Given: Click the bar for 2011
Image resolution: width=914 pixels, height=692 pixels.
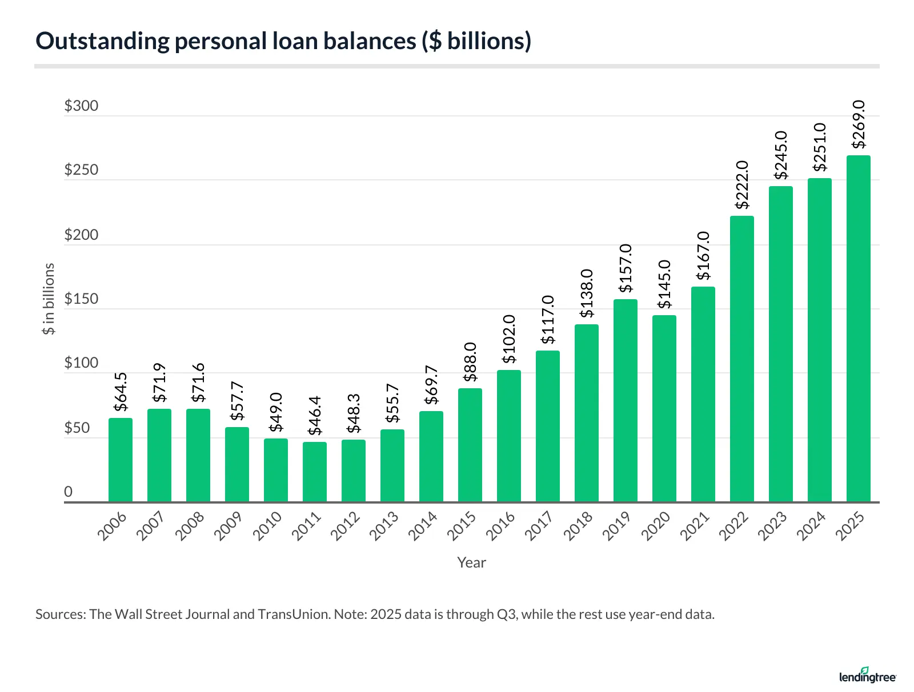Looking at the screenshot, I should point(315,472).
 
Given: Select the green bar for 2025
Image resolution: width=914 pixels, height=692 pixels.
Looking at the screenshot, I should point(858,329).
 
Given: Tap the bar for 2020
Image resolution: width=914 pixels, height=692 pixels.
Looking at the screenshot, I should point(664,409).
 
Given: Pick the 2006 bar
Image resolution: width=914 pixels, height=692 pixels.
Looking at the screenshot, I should point(121,460).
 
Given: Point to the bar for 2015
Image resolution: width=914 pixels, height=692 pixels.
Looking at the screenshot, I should point(470,445).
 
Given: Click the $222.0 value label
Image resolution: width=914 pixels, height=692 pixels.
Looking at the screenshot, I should point(741,184).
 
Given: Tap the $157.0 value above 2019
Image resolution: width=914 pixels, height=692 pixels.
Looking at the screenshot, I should point(625,268).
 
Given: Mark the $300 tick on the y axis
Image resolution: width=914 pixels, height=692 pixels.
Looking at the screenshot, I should point(81,106).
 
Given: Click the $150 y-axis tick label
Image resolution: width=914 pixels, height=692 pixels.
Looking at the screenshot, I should point(81,299).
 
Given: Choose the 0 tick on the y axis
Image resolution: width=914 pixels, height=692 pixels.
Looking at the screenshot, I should point(69,492).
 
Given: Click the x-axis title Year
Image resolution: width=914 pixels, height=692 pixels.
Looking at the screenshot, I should point(471,563).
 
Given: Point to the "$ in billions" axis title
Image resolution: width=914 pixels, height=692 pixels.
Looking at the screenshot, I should point(50,299).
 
